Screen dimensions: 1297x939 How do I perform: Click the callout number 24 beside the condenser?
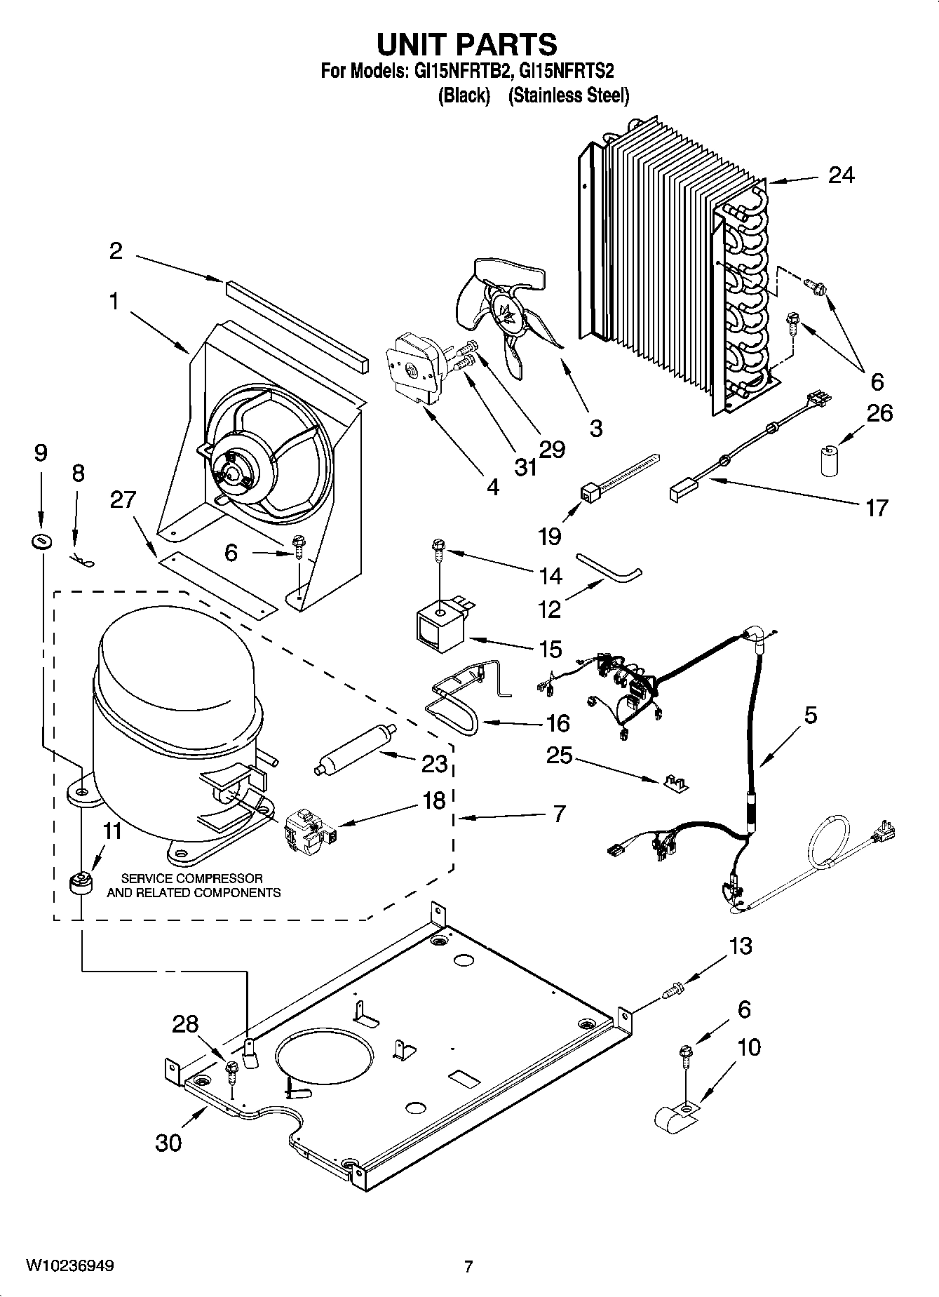(x=841, y=175)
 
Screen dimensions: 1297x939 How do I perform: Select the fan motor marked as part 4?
(x=413, y=368)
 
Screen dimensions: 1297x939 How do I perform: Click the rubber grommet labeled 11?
(x=82, y=882)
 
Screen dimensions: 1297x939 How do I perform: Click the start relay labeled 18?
(x=309, y=832)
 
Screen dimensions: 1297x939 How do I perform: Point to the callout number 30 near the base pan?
(x=168, y=1142)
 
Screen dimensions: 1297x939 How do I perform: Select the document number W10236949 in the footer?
(x=70, y=1265)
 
